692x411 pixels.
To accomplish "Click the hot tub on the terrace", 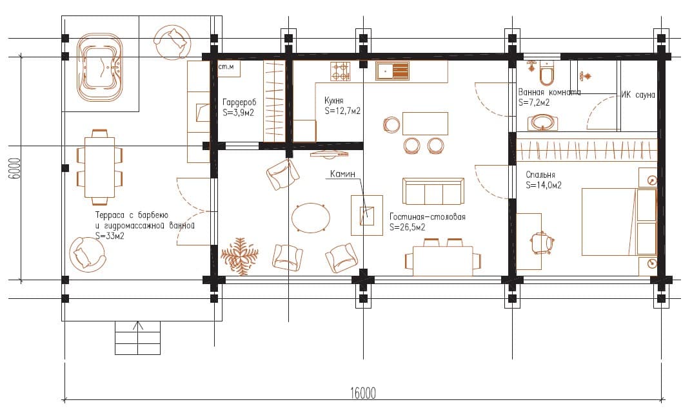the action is tap(100, 68).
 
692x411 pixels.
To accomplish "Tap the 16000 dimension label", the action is tap(363, 393).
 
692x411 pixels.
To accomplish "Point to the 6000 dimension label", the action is tap(15, 168).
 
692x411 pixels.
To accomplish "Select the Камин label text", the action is tap(342, 174).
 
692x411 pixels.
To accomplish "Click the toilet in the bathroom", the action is tap(546, 73).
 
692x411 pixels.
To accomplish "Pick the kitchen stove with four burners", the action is tap(341, 72).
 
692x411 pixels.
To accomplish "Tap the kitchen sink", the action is tap(392, 71).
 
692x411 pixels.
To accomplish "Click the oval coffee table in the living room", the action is tap(311, 218).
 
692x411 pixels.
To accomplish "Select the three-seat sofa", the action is tap(433, 191).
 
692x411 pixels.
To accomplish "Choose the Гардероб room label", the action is tap(239, 102).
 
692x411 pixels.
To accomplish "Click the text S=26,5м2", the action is tap(408, 227).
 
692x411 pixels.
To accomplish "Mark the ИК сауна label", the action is tap(638, 95).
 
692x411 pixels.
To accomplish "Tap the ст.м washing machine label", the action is tap(226, 67).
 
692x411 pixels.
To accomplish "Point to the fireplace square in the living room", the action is tap(367, 216).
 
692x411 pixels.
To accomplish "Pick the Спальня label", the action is tap(540, 175).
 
